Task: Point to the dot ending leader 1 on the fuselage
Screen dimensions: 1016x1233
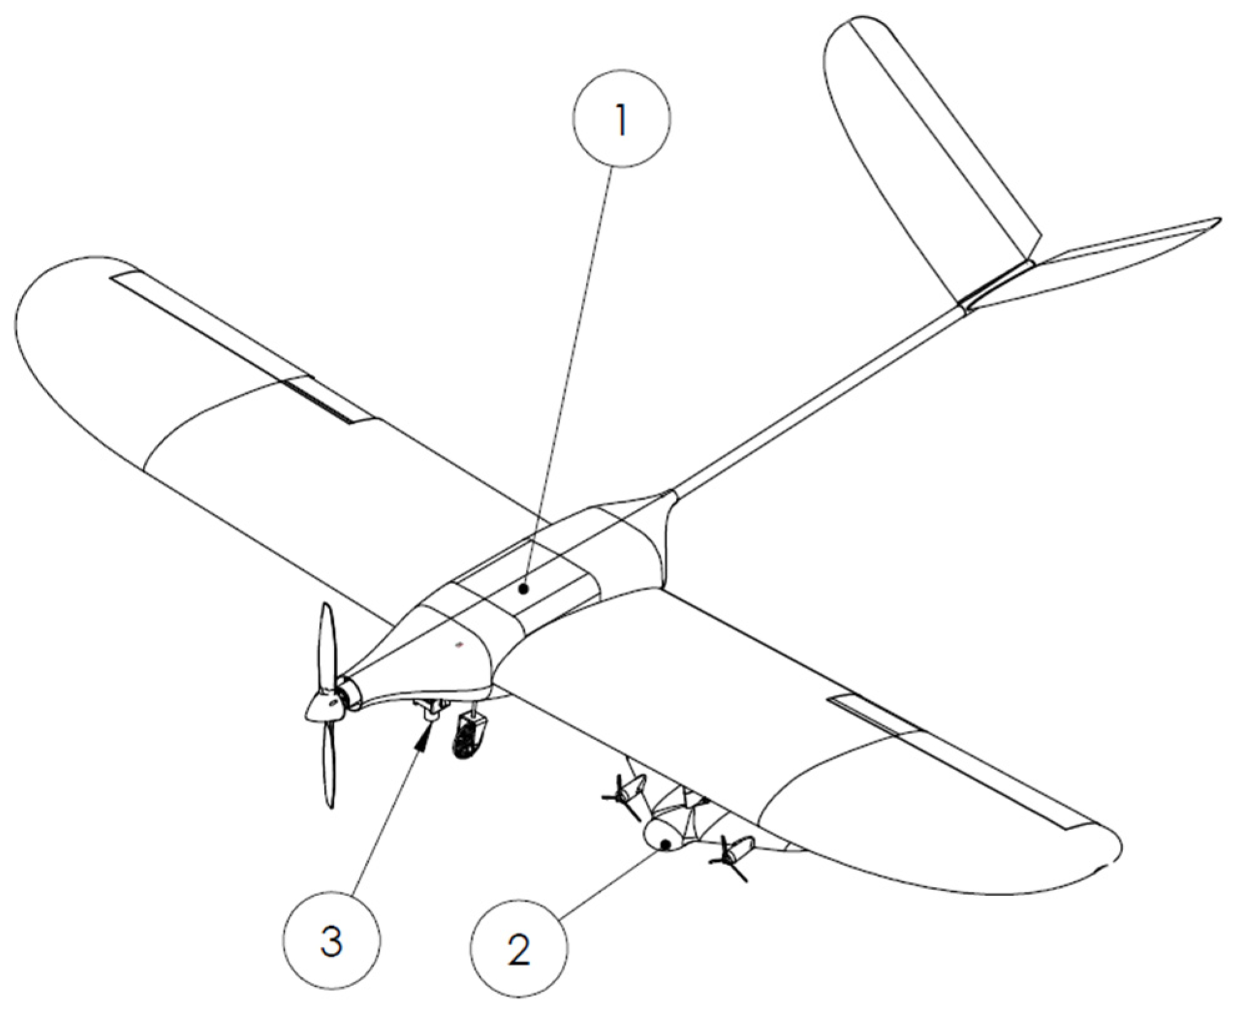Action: point(526,587)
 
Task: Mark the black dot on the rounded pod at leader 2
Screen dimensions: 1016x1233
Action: point(666,844)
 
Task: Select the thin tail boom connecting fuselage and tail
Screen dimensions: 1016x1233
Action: point(817,399)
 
